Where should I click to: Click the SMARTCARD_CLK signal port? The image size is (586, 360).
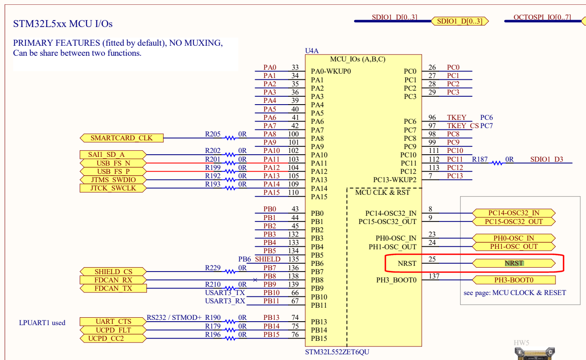click(x=122, y=138)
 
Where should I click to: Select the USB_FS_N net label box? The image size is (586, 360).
click(x=113, y=163)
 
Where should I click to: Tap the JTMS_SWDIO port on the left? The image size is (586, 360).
click(x=113, y=180)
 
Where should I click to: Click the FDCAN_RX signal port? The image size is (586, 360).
click(x=113, y=280)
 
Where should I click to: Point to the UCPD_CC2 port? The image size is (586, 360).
click(x=106, y=339)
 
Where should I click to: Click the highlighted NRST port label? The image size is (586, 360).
click(x=514, y=263)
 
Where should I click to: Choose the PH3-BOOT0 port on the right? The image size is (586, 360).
click(x=514, y=280)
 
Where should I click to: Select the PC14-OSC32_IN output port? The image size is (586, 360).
click(x=514, y=213)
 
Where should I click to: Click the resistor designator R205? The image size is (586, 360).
click(x=213, y=134)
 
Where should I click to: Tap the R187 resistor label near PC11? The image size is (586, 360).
click(x=480, y=160)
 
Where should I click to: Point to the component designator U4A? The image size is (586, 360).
click(x=312, y=51)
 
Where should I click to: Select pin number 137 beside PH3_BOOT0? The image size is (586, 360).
click(x=434, y=276)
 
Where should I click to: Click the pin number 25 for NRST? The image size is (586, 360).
click(x=432, y=259)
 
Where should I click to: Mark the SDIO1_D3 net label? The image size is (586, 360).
click(x=546, y=160)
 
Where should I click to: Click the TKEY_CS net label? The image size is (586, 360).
click(x=463, y=126)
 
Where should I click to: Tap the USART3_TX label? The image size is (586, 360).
click(x=225, y=292)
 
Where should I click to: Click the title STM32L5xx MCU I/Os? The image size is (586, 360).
click(x=63, y=24)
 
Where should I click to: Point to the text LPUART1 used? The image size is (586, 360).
click(x=42, y=323)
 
